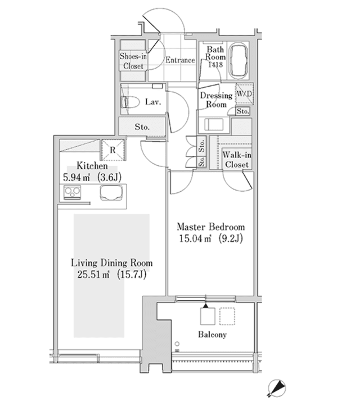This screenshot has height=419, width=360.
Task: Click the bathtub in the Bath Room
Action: click(238, 60)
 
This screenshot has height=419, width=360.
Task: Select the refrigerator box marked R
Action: click(113, 150)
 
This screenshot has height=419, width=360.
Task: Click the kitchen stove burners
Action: click(72, 192)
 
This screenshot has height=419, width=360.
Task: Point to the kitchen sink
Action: click(111, 192)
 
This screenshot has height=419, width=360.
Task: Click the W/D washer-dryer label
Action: click(244, 94)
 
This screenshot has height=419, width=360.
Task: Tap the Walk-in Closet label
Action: click(237, 160)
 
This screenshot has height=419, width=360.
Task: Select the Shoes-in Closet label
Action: click(133, 61)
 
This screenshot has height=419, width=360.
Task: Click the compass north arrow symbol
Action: click(277, 388)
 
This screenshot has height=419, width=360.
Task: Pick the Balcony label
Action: click(212, 335)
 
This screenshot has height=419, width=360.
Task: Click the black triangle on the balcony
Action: click(205, 306)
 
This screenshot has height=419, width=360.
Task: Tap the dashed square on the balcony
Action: click(227, 316)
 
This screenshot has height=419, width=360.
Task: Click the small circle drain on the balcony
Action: click(177, 344)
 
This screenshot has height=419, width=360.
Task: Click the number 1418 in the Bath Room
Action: click(215, 65)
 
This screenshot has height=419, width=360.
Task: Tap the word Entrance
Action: click(180, 60)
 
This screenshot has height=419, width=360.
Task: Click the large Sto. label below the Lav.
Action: click(142, 127)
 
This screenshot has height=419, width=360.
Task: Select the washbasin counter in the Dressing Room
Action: click(214, 125)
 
